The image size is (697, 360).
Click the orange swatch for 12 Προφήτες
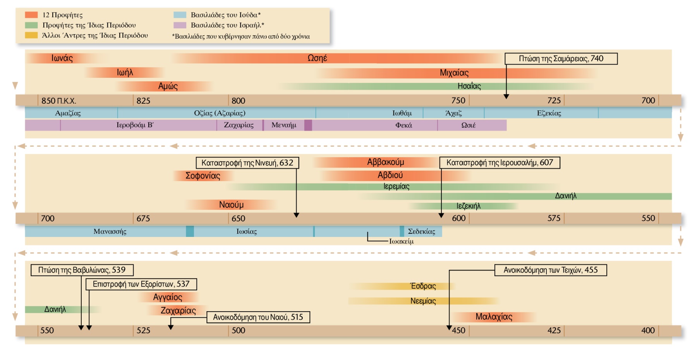(x=31, y=15)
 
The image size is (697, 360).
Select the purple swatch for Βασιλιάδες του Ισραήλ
(x=180, y=25)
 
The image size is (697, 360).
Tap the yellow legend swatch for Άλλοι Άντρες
(x=31, y=35)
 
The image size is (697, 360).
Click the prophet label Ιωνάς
(x=62, y=58)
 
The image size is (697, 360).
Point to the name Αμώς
(x=168, y=86)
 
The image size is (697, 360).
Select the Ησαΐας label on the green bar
(x=469, y=86)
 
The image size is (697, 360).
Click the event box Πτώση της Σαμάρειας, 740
(x=561, y=59)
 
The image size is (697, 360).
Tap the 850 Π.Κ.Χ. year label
(x=58, y=101)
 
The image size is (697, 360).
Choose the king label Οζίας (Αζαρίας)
(x=220, y=113)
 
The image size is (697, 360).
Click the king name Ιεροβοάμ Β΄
(x=135, y=125)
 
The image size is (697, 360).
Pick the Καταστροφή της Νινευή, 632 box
(x=247, y=163)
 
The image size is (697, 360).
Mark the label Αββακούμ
(x=385, y=162)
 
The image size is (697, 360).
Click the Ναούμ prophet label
(x=231, y=204)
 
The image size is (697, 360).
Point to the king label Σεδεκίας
(x=421, y=231)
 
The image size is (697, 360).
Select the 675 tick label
(x=143, y=218)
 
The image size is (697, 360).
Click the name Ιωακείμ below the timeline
(x=401, y=241)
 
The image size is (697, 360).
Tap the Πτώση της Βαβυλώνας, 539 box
(x=82, y=270)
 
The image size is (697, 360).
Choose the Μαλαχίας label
(x=494, y=317)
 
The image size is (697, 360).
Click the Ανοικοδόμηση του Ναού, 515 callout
(x=258, y=317)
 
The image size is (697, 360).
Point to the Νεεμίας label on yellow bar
(x=423, y=301)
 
